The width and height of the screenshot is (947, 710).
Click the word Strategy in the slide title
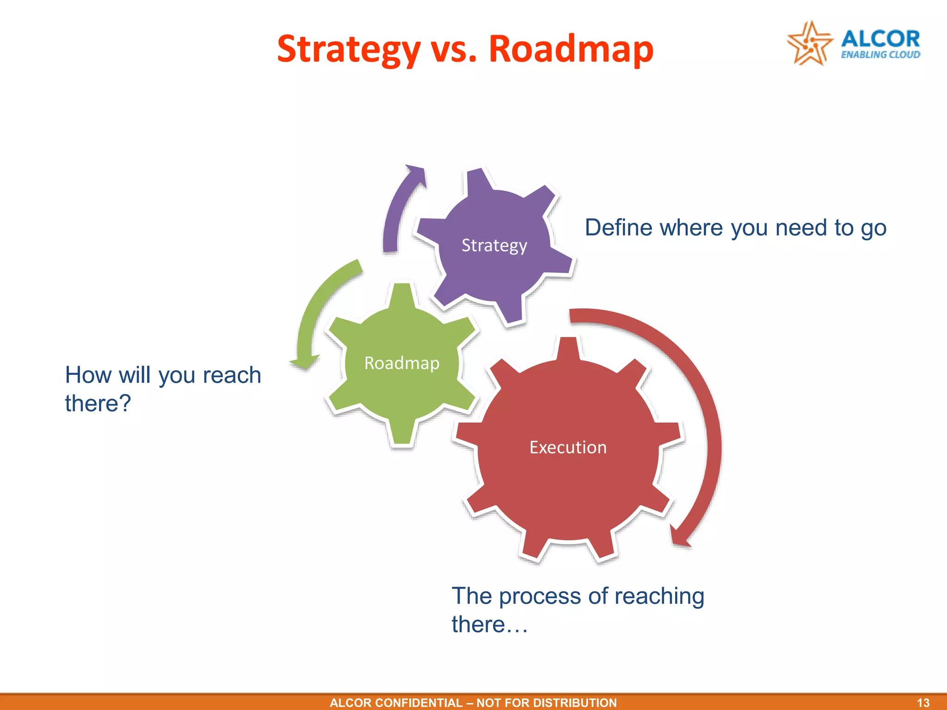348,49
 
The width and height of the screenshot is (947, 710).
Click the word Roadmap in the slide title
571,49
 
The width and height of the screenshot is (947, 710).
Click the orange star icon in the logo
809,43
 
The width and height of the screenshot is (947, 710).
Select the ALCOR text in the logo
880,39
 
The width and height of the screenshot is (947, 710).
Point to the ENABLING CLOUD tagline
880,55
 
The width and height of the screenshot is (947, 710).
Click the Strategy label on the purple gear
494,245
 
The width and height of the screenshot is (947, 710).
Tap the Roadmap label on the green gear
401,363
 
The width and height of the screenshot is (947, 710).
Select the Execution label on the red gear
568,447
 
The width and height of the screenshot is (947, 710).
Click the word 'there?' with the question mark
98,404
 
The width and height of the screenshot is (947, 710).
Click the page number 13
923,703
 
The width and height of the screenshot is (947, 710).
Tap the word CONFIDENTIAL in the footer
418,703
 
